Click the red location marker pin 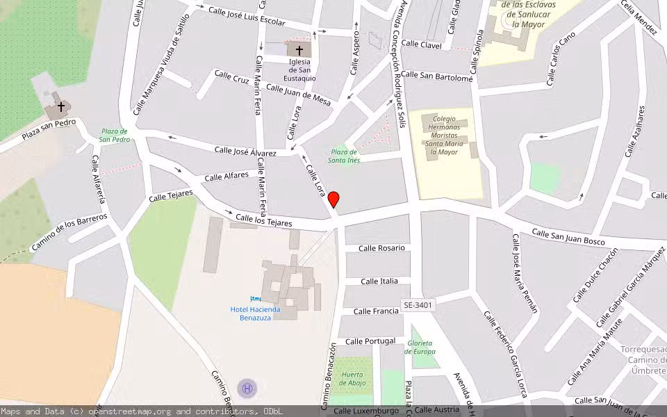(333, 199)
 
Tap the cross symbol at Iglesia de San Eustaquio (299, 50)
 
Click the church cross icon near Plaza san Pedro (61, 107)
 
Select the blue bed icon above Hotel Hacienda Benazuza (255, 299)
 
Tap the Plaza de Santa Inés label (344, 156)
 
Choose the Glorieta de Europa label (420, 347)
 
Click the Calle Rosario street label (381, 248)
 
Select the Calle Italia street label (379, 281)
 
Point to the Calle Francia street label (376, 311)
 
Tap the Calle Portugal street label (370, 341)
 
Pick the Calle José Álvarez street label (245, 151)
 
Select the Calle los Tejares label (263, 221)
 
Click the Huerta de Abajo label (353, 379)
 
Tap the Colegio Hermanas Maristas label (444, 135)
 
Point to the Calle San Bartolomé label (436, 76)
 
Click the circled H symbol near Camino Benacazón (245, 387)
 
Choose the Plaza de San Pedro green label (115, 135)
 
